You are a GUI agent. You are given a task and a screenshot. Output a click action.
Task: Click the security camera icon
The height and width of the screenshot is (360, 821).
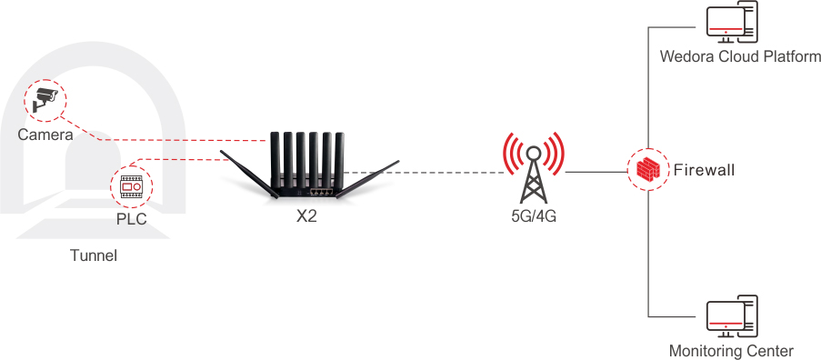coord(45,100)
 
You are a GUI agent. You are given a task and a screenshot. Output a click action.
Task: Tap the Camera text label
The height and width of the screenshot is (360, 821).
coord(45,135)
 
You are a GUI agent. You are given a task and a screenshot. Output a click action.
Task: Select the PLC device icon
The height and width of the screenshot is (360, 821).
coord(131,186)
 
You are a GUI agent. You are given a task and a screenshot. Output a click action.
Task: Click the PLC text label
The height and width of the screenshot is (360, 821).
coord(132,219)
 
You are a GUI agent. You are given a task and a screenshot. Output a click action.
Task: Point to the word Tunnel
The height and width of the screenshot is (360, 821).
coord(94,255)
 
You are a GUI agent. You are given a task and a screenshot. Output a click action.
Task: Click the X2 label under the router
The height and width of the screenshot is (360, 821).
coord(306,216)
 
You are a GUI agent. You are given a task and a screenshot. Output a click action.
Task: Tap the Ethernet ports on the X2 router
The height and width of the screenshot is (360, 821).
coord(321,192)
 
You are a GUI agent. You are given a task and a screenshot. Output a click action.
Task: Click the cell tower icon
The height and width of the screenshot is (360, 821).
coord(534,168)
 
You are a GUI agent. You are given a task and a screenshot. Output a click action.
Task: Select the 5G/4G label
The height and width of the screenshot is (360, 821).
coord(534,216)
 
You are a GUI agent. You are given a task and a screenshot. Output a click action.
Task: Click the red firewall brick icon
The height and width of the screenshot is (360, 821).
coord(648,169)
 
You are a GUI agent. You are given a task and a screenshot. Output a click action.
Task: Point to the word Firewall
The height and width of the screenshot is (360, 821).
coord(705,170)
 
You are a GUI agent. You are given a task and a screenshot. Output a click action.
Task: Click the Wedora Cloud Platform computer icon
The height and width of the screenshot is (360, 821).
coord(732,23)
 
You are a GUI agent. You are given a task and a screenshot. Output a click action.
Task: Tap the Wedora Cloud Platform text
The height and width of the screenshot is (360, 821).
coord(740,56)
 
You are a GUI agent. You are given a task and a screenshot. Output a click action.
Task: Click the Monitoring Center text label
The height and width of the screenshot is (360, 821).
coord(732,350)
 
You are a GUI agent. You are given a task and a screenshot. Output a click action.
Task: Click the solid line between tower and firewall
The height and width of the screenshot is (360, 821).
coord(596,172)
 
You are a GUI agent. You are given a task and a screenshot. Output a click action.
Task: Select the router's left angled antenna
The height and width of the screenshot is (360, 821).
coord(249,175)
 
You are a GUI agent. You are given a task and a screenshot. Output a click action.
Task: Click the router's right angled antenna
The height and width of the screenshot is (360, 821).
coord(367,179)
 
